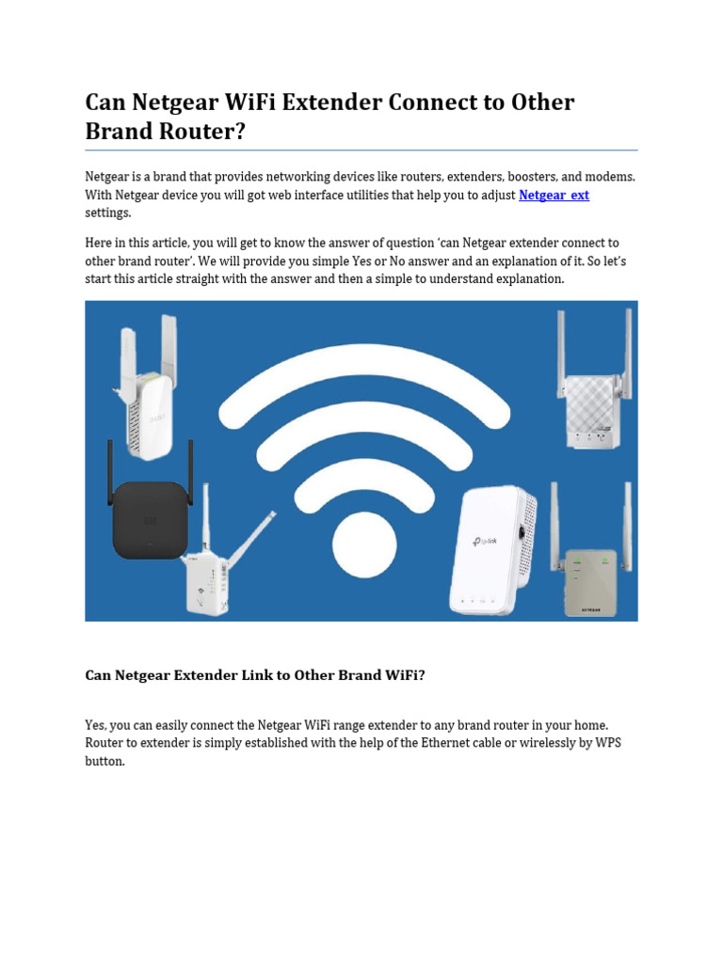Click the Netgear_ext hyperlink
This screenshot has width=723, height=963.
[x=554, y=195]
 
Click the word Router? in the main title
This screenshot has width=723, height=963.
[x=200, y=131]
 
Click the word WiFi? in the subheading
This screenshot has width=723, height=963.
[x=401, y=675]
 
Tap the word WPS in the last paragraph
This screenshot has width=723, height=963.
[x=607, y=743]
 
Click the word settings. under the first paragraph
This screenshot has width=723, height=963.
[x=108, y=213]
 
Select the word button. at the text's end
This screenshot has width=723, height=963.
[x=105, y=761]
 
